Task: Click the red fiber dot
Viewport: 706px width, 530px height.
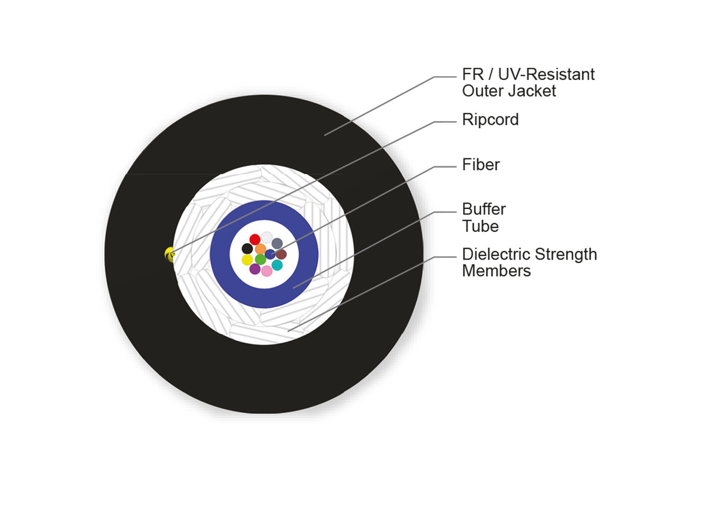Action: [255, 240]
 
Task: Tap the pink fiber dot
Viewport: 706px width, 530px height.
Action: [267, 271]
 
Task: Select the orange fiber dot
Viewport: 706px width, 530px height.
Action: [261, 249]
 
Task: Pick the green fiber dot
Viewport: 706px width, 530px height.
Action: [261, 259]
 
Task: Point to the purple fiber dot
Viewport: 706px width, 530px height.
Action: [255, 269]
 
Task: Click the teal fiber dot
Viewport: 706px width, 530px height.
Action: [277, 265]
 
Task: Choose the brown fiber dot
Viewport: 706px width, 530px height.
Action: [281, 254]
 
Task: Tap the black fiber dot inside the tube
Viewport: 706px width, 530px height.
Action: [247, 249]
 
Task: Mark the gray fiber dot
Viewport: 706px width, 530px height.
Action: [277, 243]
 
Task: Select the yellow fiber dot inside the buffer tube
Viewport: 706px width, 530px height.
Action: [247, 260]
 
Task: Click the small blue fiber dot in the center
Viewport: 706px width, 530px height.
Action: [270, 254]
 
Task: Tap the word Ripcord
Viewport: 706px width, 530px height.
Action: [490, 120]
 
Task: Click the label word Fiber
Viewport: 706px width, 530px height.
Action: [481, 165]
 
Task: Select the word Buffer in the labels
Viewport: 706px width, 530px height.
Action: [484, 209]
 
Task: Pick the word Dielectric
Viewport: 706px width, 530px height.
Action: [497, 254]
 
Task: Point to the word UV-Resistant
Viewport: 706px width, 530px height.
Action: [546, 74]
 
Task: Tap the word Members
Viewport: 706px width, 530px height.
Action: [497, 271]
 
